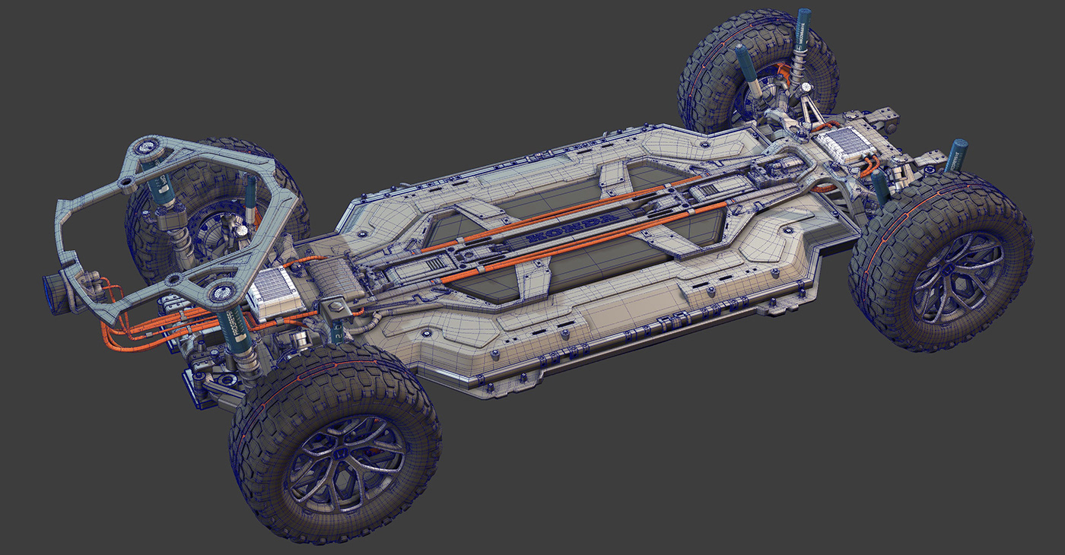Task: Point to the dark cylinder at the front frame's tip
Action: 56,290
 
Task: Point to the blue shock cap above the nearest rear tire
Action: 956,154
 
